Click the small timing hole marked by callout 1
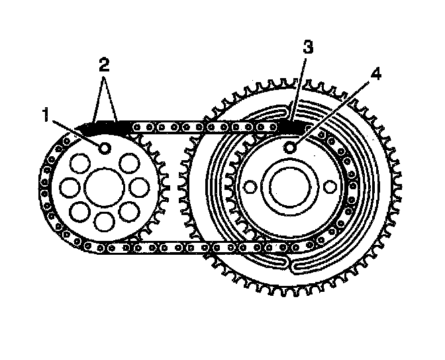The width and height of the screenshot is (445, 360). [x=103, y=148]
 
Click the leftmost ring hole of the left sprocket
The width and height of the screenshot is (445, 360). [x=68, y=188]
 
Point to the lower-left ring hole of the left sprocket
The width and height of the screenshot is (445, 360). [x=79, y=212]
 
